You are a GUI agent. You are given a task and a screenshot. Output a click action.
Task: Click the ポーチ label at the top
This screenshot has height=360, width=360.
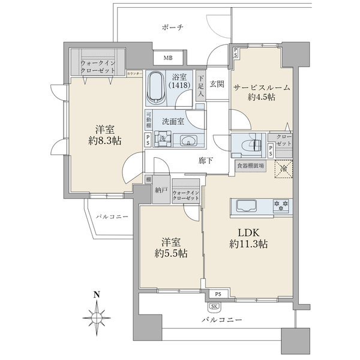click(x=172, y=28)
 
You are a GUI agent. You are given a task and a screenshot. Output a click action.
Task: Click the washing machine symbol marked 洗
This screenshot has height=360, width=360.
click(x=162, y=140)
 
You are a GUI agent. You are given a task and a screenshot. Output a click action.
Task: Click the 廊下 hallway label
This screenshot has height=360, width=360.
click(x=206, y=161)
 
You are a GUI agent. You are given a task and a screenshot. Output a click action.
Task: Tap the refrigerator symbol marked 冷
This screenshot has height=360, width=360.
click(x=283, y=170)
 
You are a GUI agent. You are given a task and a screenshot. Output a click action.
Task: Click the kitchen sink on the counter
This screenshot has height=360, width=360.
click(x=247, y=206)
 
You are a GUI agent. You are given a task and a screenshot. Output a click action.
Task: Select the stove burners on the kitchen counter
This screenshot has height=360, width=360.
click(x=280, y=206)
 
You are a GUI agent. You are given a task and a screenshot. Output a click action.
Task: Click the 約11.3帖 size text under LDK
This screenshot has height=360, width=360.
click(x=248, y=244)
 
